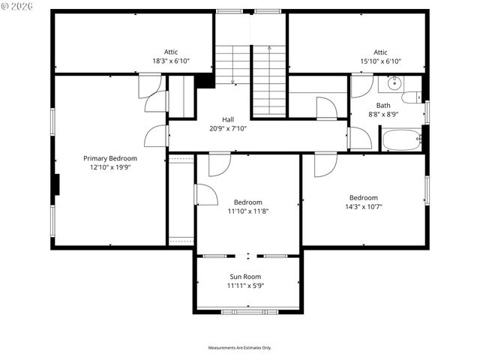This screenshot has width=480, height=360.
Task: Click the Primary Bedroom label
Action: [x=110, y=158]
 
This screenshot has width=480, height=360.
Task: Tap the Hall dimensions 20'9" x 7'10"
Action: [x=228, y=129]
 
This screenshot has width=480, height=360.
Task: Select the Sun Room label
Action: [x=246, y=277]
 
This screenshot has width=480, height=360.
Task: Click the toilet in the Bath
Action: [x=411, y=97]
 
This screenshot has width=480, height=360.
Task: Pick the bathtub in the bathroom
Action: [x=401, y=140]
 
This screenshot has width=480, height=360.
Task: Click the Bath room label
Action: [x=383, y=106]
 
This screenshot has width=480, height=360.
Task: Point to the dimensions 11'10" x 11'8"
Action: [x=247, y=211]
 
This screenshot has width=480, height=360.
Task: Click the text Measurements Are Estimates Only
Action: [x=240, y=348]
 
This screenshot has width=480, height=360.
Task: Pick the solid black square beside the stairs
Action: [x=205, y=81]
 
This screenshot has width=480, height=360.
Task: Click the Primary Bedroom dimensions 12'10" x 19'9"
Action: [x=110, y=167]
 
